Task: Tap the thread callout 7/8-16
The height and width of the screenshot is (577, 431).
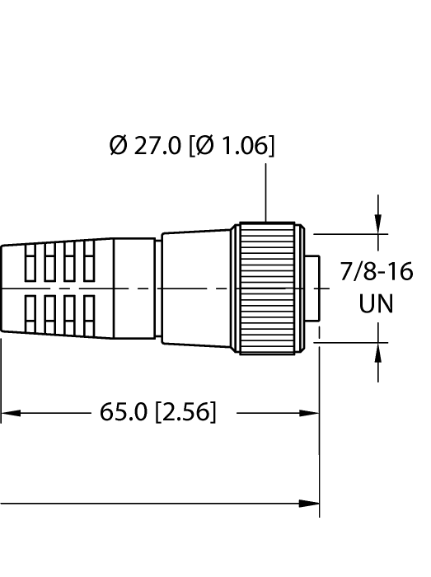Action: pos(377,271)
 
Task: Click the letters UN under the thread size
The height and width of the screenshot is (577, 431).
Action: pos(377,303)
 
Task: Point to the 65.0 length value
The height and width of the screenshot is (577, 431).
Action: pos(124,412)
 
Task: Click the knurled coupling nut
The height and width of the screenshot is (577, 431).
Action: pos(267,288)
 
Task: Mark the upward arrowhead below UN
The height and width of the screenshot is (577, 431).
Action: pos(378,354)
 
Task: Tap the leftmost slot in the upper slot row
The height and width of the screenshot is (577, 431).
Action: pos(32,261)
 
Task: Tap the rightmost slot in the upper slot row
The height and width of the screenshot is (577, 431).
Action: pos(89,261)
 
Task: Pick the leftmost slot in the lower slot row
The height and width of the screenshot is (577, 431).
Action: pos(32,313)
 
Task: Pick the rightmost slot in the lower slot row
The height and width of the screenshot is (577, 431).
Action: pos(89,313)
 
